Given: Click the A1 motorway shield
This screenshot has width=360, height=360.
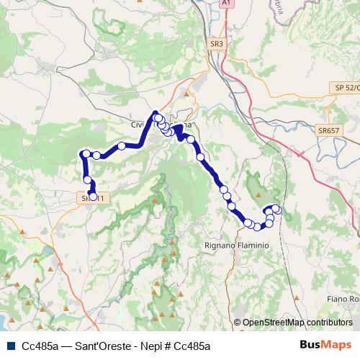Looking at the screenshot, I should coord(228,4).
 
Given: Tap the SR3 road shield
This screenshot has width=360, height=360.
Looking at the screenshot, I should coord(217,44).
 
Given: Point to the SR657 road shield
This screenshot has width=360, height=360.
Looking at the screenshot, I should coord(328,130).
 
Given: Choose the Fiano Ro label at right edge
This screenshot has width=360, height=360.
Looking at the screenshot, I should coord(343,299).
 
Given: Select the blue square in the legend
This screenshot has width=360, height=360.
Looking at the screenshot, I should coord(9,346).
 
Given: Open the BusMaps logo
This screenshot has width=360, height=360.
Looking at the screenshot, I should coord(325,345).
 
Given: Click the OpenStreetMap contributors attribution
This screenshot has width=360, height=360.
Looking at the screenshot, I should coord(297,323).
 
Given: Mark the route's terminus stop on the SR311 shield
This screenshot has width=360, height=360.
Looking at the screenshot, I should coord(92,197).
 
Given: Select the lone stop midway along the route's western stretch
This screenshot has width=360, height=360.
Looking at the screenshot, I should coord(122,146).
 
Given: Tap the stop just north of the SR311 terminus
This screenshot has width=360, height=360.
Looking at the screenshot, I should coord(87,180).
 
